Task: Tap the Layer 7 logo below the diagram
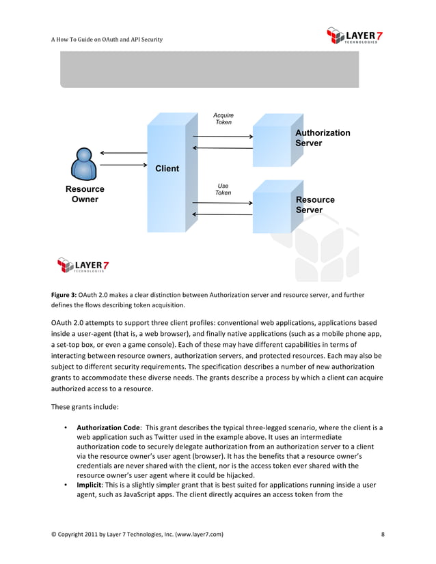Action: tap(83, 265)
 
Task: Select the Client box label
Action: tap(167, 169)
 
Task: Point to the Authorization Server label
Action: tap(322, 138)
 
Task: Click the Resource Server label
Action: tap(314, 205)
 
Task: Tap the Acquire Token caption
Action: tap(223, 119)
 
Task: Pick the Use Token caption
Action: tap(223, 189)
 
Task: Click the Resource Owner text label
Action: tap(85, 194)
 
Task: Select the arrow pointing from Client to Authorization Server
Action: tap(223, 137)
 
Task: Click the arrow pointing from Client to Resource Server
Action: tap(223, 203)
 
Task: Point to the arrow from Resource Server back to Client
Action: tap(223, 214)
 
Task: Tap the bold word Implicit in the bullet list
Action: tap(92, 484)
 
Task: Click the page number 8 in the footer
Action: tap(383, 534)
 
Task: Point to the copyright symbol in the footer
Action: tap(54, 534)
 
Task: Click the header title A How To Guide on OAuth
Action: tap(107, 40)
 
